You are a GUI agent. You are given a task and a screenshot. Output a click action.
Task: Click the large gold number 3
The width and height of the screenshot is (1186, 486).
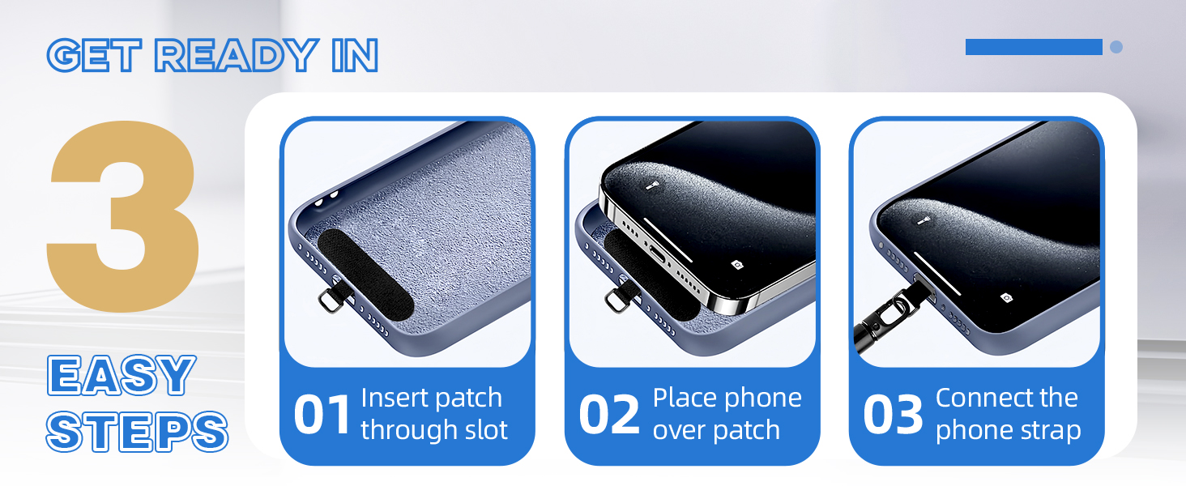[x=123, y=216]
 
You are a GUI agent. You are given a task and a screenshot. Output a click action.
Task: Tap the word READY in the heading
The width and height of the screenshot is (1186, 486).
[x=236, y=55]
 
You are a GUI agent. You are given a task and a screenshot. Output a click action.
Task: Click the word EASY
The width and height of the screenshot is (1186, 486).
[x=122, y=375]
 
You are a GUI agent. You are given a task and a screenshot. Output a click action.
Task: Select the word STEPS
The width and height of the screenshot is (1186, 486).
[x=137, y=432]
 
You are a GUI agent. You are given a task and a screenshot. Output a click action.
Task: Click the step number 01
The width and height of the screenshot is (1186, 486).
[x=322, y=415]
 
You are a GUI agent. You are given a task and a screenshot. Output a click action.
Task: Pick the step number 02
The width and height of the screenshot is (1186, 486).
[x=609, y=415]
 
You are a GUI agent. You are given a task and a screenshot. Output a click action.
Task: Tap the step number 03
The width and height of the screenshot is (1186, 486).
[x=894, y=415]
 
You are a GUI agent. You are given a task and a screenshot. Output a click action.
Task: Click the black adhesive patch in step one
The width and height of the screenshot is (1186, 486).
[x=365, y=275]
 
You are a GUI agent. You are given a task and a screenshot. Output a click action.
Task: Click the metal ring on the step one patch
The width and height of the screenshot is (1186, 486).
[x=331, y=301]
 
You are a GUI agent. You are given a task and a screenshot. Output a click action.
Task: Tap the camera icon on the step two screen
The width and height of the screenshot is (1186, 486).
[x=737, y=264]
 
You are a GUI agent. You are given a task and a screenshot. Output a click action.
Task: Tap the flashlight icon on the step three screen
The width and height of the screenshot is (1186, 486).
[x=924, y=220]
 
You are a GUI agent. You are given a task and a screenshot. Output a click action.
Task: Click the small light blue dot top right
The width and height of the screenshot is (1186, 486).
[x=1116, y=47]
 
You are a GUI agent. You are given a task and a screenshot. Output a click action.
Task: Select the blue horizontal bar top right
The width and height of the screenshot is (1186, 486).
[x=1034, y=47]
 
